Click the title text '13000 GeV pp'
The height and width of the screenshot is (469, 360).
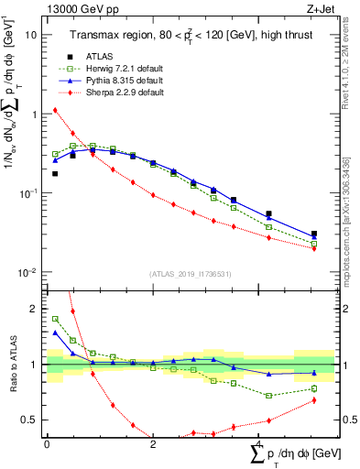tap(75, 10)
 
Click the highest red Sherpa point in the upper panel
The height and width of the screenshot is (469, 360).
tap(55, 110)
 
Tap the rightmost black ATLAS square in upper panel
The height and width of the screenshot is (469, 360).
tap(314, 234)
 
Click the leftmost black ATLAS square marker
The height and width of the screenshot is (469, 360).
tap(55, 173)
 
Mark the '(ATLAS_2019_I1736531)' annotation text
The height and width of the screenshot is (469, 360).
tap(191, 274)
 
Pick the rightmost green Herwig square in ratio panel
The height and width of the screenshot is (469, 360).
tap(314, 388)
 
